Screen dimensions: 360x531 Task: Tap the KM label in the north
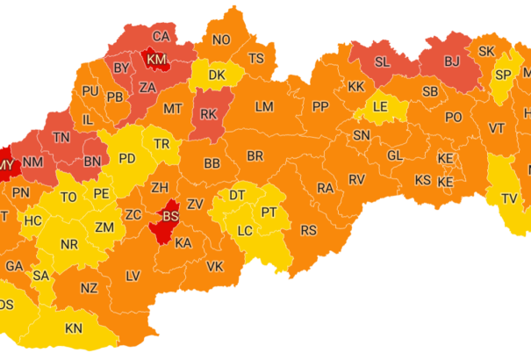click(x=156, y=59)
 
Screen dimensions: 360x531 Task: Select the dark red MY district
click(x=6, y=165)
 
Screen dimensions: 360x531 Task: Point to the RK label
click(x=208, y=113)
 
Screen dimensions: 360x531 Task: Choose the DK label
click(x=216, y=76)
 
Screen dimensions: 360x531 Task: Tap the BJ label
click(x=452, y=61)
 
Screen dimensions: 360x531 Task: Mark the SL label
click(x=382, y=61)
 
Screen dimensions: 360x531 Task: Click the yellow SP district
click(x=503, y=75)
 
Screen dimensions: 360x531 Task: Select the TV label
click(x=509, y=198)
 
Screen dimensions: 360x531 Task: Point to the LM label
click(x=264, y=106)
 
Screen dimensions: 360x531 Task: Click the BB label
click(x=212, y=163)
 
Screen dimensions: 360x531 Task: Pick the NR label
click(x=68, y=243)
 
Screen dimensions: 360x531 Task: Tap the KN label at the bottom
click(x=74, y=328)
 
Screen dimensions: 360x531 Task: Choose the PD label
click(x=127, y=159)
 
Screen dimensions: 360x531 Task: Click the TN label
click(x=61, y=137)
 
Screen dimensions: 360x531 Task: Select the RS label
click(x=308, y=230)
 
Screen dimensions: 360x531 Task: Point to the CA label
click(x=161, y=36)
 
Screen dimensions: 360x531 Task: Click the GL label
click(x=395, y=155)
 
